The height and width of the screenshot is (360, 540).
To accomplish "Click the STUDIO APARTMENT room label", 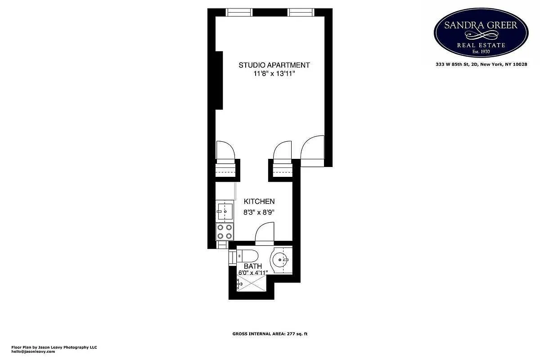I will coord(274,65).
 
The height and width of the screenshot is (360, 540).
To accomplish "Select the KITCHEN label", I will coord(259,201).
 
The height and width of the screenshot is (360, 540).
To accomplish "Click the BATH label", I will coord(253,266).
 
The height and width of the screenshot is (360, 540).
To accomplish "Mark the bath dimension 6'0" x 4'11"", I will coord(253,272).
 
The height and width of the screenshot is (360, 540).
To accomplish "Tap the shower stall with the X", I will coord(252,283).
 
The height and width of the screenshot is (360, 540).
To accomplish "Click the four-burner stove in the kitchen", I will coord(225,232).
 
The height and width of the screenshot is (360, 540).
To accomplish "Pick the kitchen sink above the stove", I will coord(225,210).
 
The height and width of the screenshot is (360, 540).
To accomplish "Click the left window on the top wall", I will coord(239,12).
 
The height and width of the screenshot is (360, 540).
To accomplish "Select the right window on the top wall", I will coord(301,12).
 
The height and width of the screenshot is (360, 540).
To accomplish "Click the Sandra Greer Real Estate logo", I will coord(481,33).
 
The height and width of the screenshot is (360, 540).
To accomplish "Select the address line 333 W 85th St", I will coord(481,64).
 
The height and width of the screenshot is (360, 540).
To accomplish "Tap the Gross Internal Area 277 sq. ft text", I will coord(270,334).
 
